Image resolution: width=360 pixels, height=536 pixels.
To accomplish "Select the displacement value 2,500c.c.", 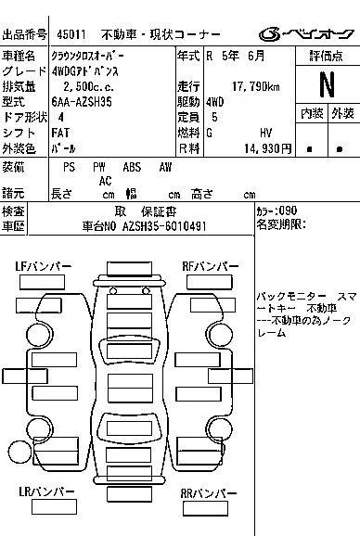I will [86, 87].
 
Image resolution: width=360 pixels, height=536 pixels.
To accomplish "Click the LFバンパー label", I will [44, 267].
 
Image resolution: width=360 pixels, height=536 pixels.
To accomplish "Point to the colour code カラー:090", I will [276, 211].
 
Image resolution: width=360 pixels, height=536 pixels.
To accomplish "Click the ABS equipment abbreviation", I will [133, 167].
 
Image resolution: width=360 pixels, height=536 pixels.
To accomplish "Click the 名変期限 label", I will [279, 224].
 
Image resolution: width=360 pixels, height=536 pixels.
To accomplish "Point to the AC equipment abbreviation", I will [107, 181].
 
